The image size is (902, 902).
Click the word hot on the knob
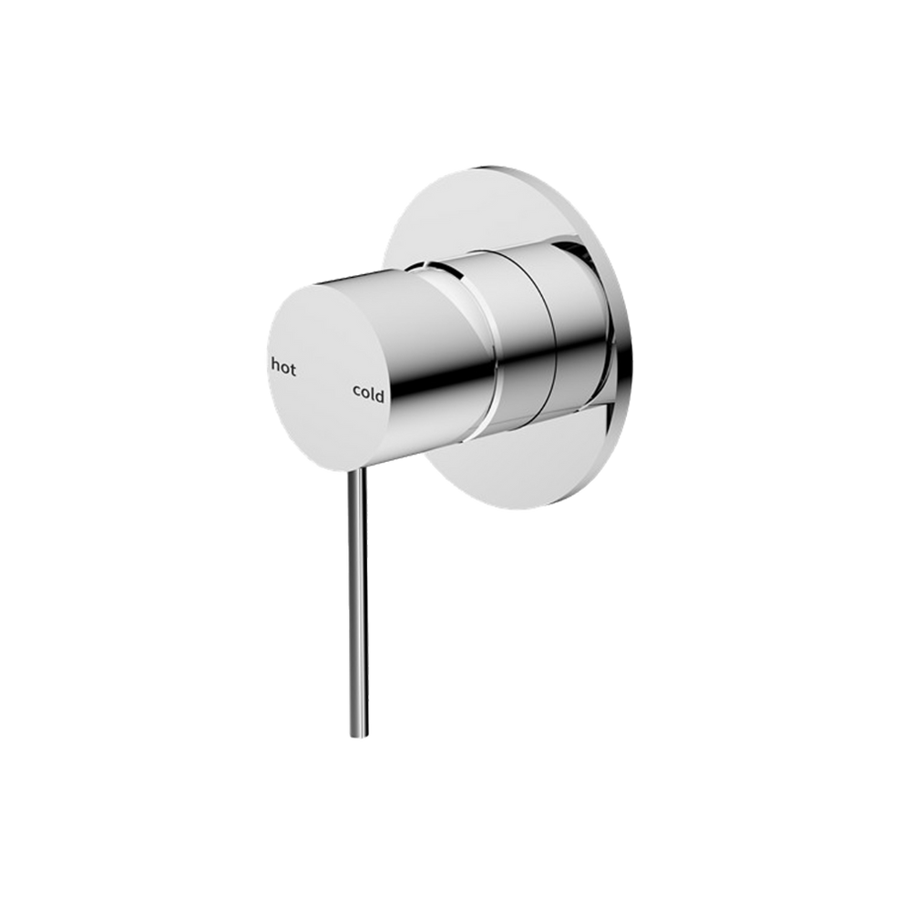tap(284, 368)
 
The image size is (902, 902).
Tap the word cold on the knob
tap(369, 395)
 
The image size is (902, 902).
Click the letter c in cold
tap(357, 394)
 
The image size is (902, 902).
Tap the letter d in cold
tap(381, 395)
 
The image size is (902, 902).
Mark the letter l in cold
tap(374, 394)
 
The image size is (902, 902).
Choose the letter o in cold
tap(365, 395)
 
